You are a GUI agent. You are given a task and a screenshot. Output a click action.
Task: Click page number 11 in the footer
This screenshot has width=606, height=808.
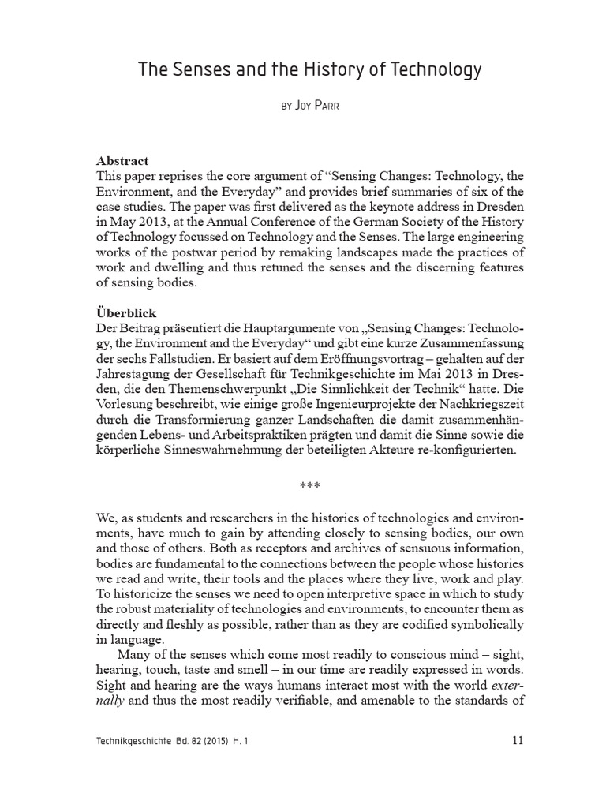pos(517,740)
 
